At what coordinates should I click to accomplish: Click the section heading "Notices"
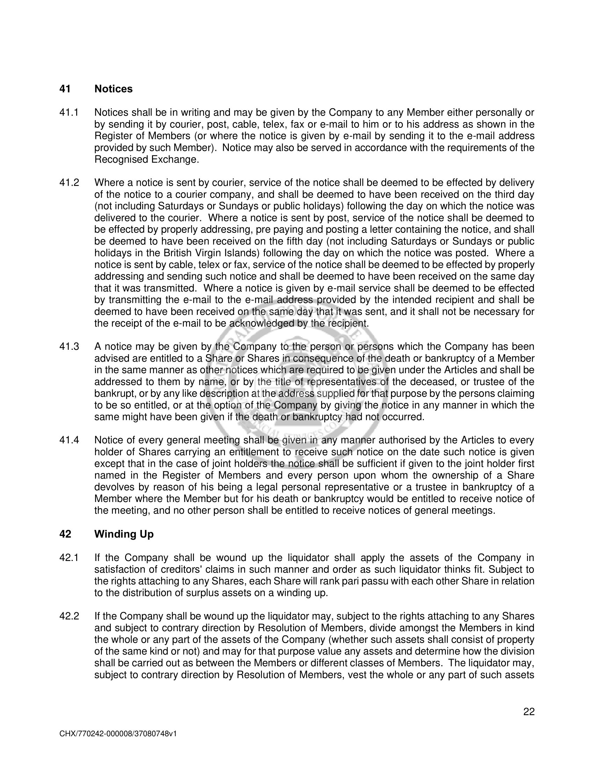[x=113, y=89]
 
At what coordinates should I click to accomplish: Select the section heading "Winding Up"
[x=124, y=534]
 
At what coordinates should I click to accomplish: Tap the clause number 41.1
[x=69, y=112]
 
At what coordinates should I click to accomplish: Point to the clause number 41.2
[x=69, y=183]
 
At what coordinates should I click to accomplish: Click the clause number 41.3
[x=69, y=347]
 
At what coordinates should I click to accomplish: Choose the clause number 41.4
[x=69, y=440]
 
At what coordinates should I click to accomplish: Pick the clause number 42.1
[x=69, y=558]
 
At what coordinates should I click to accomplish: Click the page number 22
[x=529, y=712]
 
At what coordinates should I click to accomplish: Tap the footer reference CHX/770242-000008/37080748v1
[x=118, y=734]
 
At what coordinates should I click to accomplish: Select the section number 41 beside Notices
[x=65, y=89]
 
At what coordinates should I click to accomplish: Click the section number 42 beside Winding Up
[x=65, y=534]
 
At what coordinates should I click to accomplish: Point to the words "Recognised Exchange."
[x=147, y=160]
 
